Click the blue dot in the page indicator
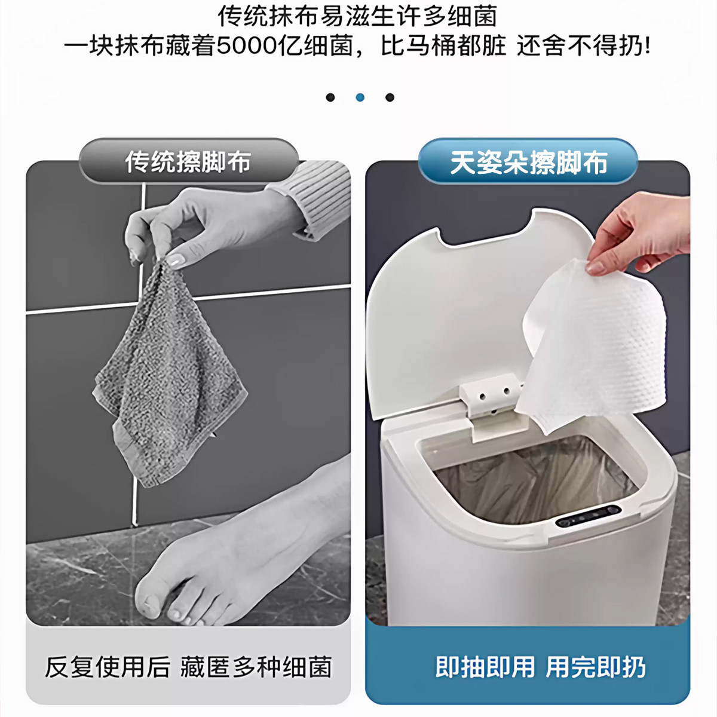point(360,97)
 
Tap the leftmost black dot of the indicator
point(330,97)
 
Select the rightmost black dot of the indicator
point(390,97)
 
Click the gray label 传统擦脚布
point(188,162)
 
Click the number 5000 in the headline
point(247,46)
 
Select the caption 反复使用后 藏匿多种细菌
point(188,667)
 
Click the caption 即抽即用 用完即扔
point(540,667)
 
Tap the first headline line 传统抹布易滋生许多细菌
point(357,16)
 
